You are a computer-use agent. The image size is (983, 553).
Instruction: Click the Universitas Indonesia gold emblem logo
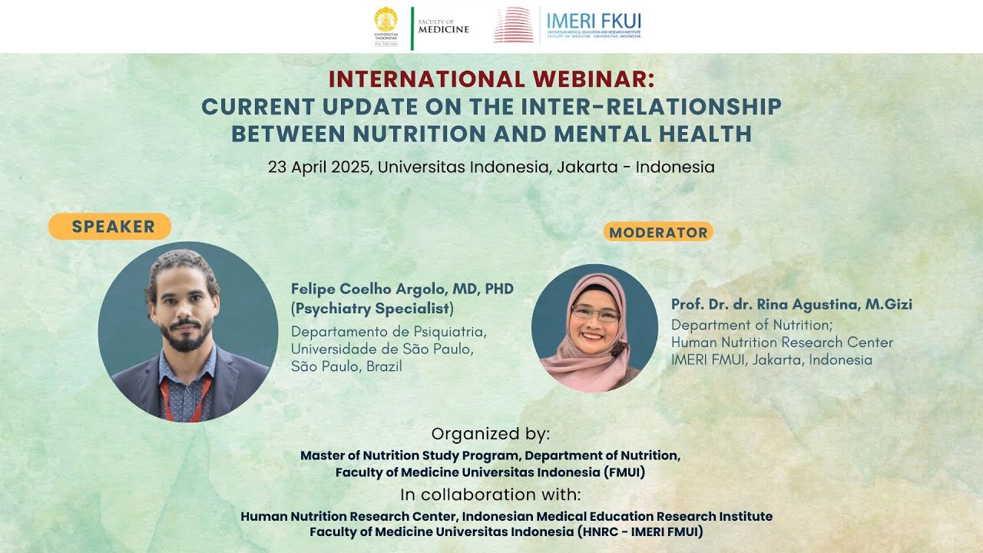point(386,19)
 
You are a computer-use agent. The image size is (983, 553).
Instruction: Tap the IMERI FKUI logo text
point(594,21)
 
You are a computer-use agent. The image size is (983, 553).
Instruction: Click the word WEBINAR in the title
point(594,79)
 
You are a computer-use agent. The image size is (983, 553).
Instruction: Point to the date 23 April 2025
point(319,167)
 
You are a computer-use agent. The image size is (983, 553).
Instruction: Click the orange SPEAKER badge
point(110,227)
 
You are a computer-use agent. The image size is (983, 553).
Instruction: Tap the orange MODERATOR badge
point(658,232)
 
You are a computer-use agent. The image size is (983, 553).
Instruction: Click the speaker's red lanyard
point(166,399)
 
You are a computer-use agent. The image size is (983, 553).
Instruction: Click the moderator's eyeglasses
point(596,313)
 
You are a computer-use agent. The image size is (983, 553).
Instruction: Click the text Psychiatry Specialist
point(374,309)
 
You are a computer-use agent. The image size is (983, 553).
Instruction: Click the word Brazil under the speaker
point(384,366)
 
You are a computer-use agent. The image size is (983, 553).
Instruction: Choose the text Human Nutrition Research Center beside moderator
point(782,343)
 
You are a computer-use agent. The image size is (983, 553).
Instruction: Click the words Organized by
point(490,434)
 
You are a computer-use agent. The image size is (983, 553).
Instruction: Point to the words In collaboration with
point(490,495)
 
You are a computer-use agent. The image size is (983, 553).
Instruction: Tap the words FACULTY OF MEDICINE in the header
point(444,27)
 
